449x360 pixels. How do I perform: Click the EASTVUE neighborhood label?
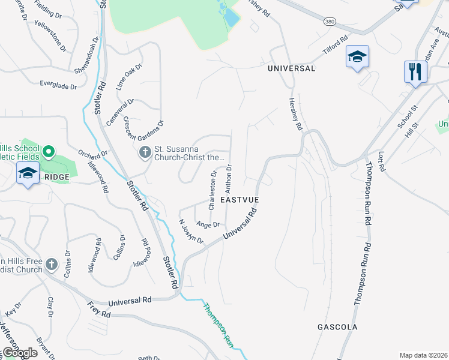(x=240, y=199)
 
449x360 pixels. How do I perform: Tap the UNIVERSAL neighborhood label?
(x=291, y=69)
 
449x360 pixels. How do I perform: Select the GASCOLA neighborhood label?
(x=337, y=327)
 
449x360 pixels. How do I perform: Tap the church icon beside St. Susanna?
(x=145, y=154)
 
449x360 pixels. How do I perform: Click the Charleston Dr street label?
(x=212, y=190)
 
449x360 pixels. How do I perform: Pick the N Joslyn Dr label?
(x=191, y=231)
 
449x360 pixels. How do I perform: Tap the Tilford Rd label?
(x=336, y=47)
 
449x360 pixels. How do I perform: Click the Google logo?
(x=20, y=353)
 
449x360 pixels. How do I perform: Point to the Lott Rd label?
(x=382, y=163)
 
